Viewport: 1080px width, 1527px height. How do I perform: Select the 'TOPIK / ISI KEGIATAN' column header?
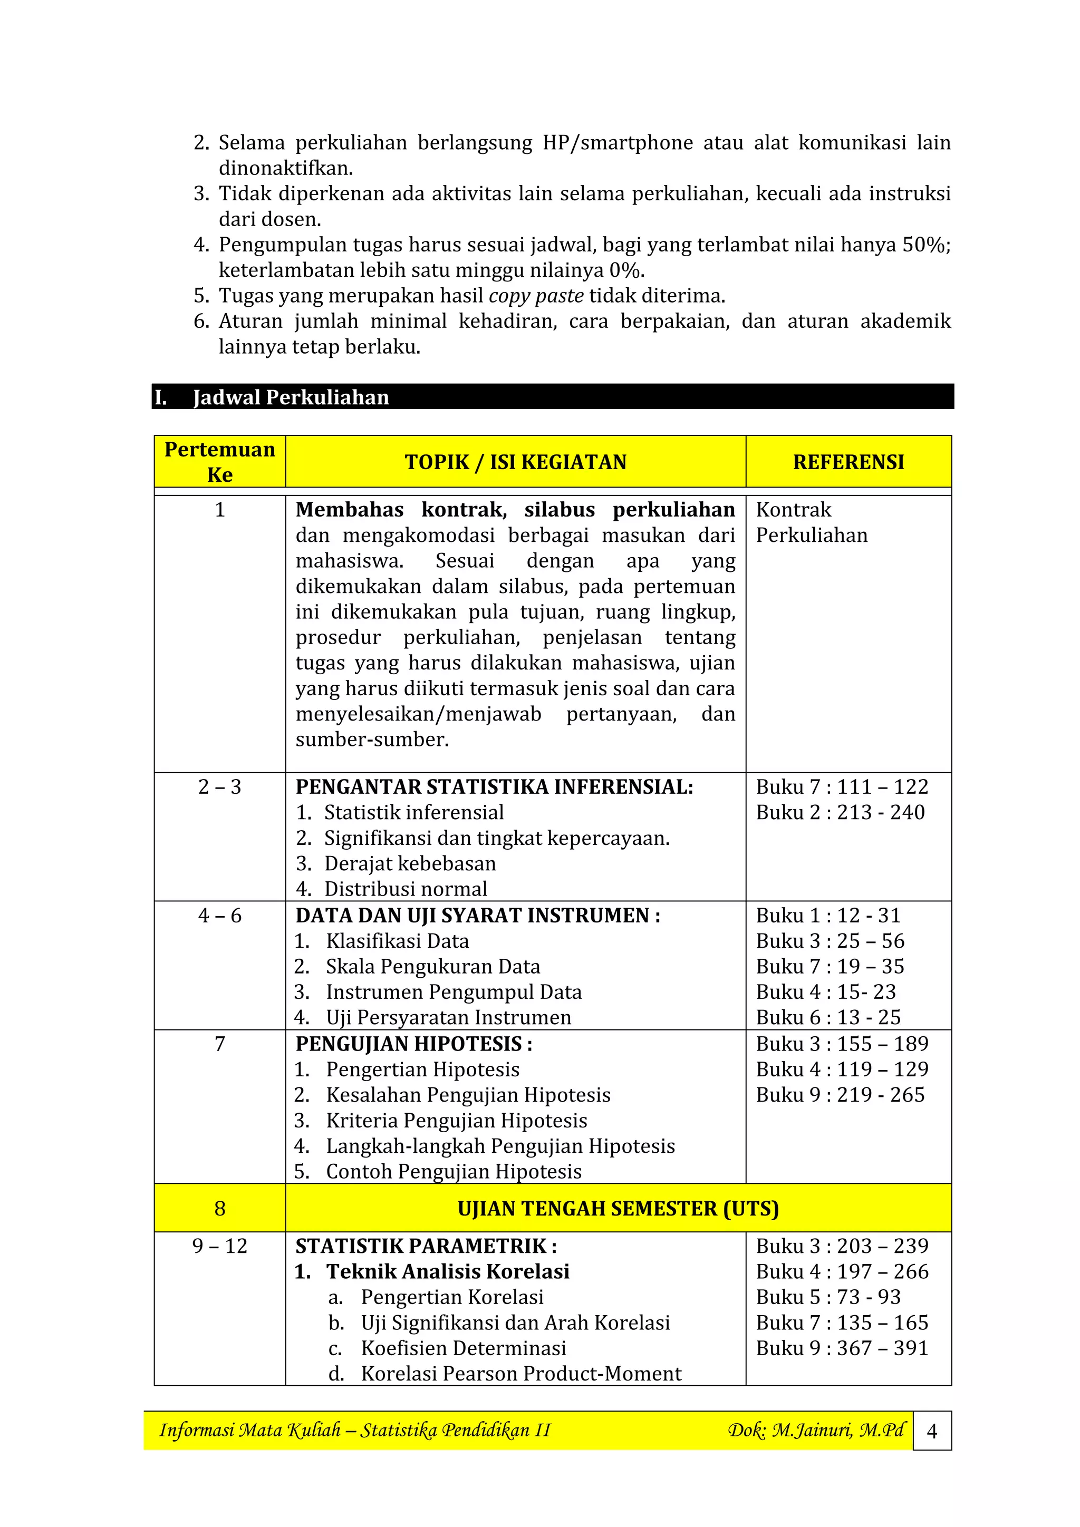(x=515, y=462)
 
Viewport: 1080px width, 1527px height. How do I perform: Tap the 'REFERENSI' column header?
(x=848, y=462)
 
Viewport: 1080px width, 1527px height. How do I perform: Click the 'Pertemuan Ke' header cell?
(x=219, y=462)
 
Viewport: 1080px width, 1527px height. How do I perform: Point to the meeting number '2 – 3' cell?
(x=219, y=787)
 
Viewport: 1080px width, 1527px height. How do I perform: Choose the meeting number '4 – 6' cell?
(x=219, y=915)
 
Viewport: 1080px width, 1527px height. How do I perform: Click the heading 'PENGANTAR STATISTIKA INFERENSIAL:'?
(x=495, y=787)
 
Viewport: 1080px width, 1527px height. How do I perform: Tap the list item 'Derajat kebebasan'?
(x=410, y=863)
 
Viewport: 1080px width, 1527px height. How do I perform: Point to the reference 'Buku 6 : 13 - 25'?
(x=828, y=1017)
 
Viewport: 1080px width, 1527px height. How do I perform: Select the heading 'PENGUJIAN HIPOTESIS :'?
(x=414, y=1044)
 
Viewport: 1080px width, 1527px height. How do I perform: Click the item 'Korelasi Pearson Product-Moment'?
(x=521, y=1374)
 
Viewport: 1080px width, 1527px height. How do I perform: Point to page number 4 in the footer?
(x=932, y=1431)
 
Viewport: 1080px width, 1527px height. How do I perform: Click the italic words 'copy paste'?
(x=536, y=295)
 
